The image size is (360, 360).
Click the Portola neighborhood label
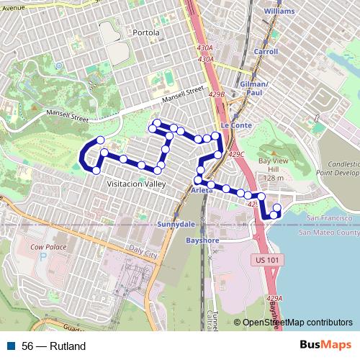coord(145,33)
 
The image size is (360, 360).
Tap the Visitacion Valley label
coord(136,184)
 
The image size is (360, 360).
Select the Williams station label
coord(279,12)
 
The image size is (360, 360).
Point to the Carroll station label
coord(266,52)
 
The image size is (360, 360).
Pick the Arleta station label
coord(202,190)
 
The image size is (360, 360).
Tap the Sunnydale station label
coord(176,224)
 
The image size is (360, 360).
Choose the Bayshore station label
coord(202,240)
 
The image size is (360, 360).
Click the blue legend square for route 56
coord(9,346)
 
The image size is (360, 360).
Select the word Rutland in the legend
coord(68,346)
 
